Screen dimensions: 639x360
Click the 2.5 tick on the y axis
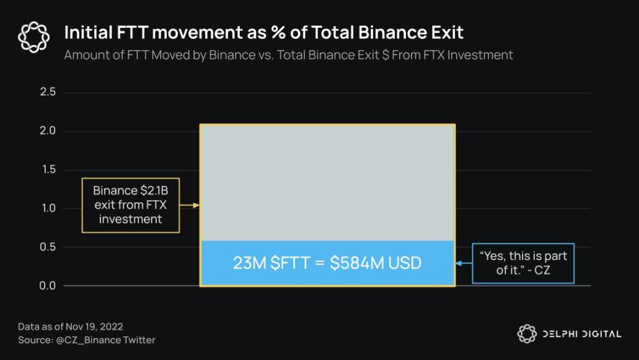coord(48,92)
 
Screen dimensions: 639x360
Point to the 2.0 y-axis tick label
coord(48,131)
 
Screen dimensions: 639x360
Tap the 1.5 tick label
coord(48,169)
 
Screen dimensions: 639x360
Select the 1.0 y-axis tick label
coord(48,208)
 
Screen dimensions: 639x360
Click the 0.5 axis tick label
coord(48,247)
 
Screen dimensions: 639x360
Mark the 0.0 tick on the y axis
coord(48,286)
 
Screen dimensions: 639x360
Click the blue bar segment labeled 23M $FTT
coord(327,263)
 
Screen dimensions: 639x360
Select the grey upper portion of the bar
coord(327,182)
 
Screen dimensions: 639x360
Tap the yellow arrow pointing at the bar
coord(190,205)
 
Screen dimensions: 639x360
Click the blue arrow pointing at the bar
coord(464,263)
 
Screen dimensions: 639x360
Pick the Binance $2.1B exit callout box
coord(130,205)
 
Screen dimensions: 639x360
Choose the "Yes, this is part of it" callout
coord(523,263)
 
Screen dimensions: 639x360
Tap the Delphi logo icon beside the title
coord(34,37)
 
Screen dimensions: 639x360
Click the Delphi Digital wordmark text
coord(581,334)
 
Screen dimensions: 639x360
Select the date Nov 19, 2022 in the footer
coord(94,327)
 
